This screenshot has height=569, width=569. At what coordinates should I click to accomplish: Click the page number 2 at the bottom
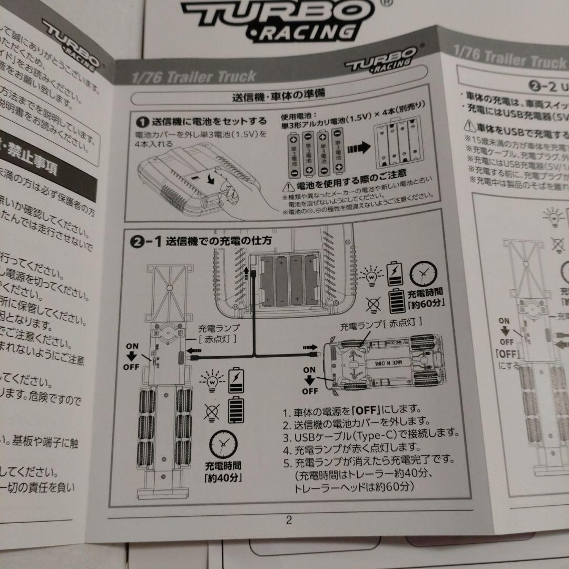[288, 521]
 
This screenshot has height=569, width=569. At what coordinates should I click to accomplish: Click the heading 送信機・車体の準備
[278, 96]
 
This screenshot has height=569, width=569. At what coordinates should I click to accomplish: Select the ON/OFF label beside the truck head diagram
[310, 380]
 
